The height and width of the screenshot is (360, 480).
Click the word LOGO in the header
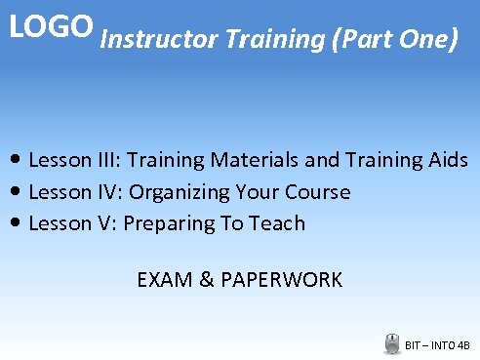[x=51, y=26]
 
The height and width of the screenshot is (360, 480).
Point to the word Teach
[x=277, y=223]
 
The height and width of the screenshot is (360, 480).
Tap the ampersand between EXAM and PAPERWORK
[x=207, y=280]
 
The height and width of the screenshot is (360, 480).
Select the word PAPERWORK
[x=282, y=280]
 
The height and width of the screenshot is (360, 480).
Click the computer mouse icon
[x=392, y=342]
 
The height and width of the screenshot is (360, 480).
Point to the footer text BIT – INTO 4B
[x=438, y=344]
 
